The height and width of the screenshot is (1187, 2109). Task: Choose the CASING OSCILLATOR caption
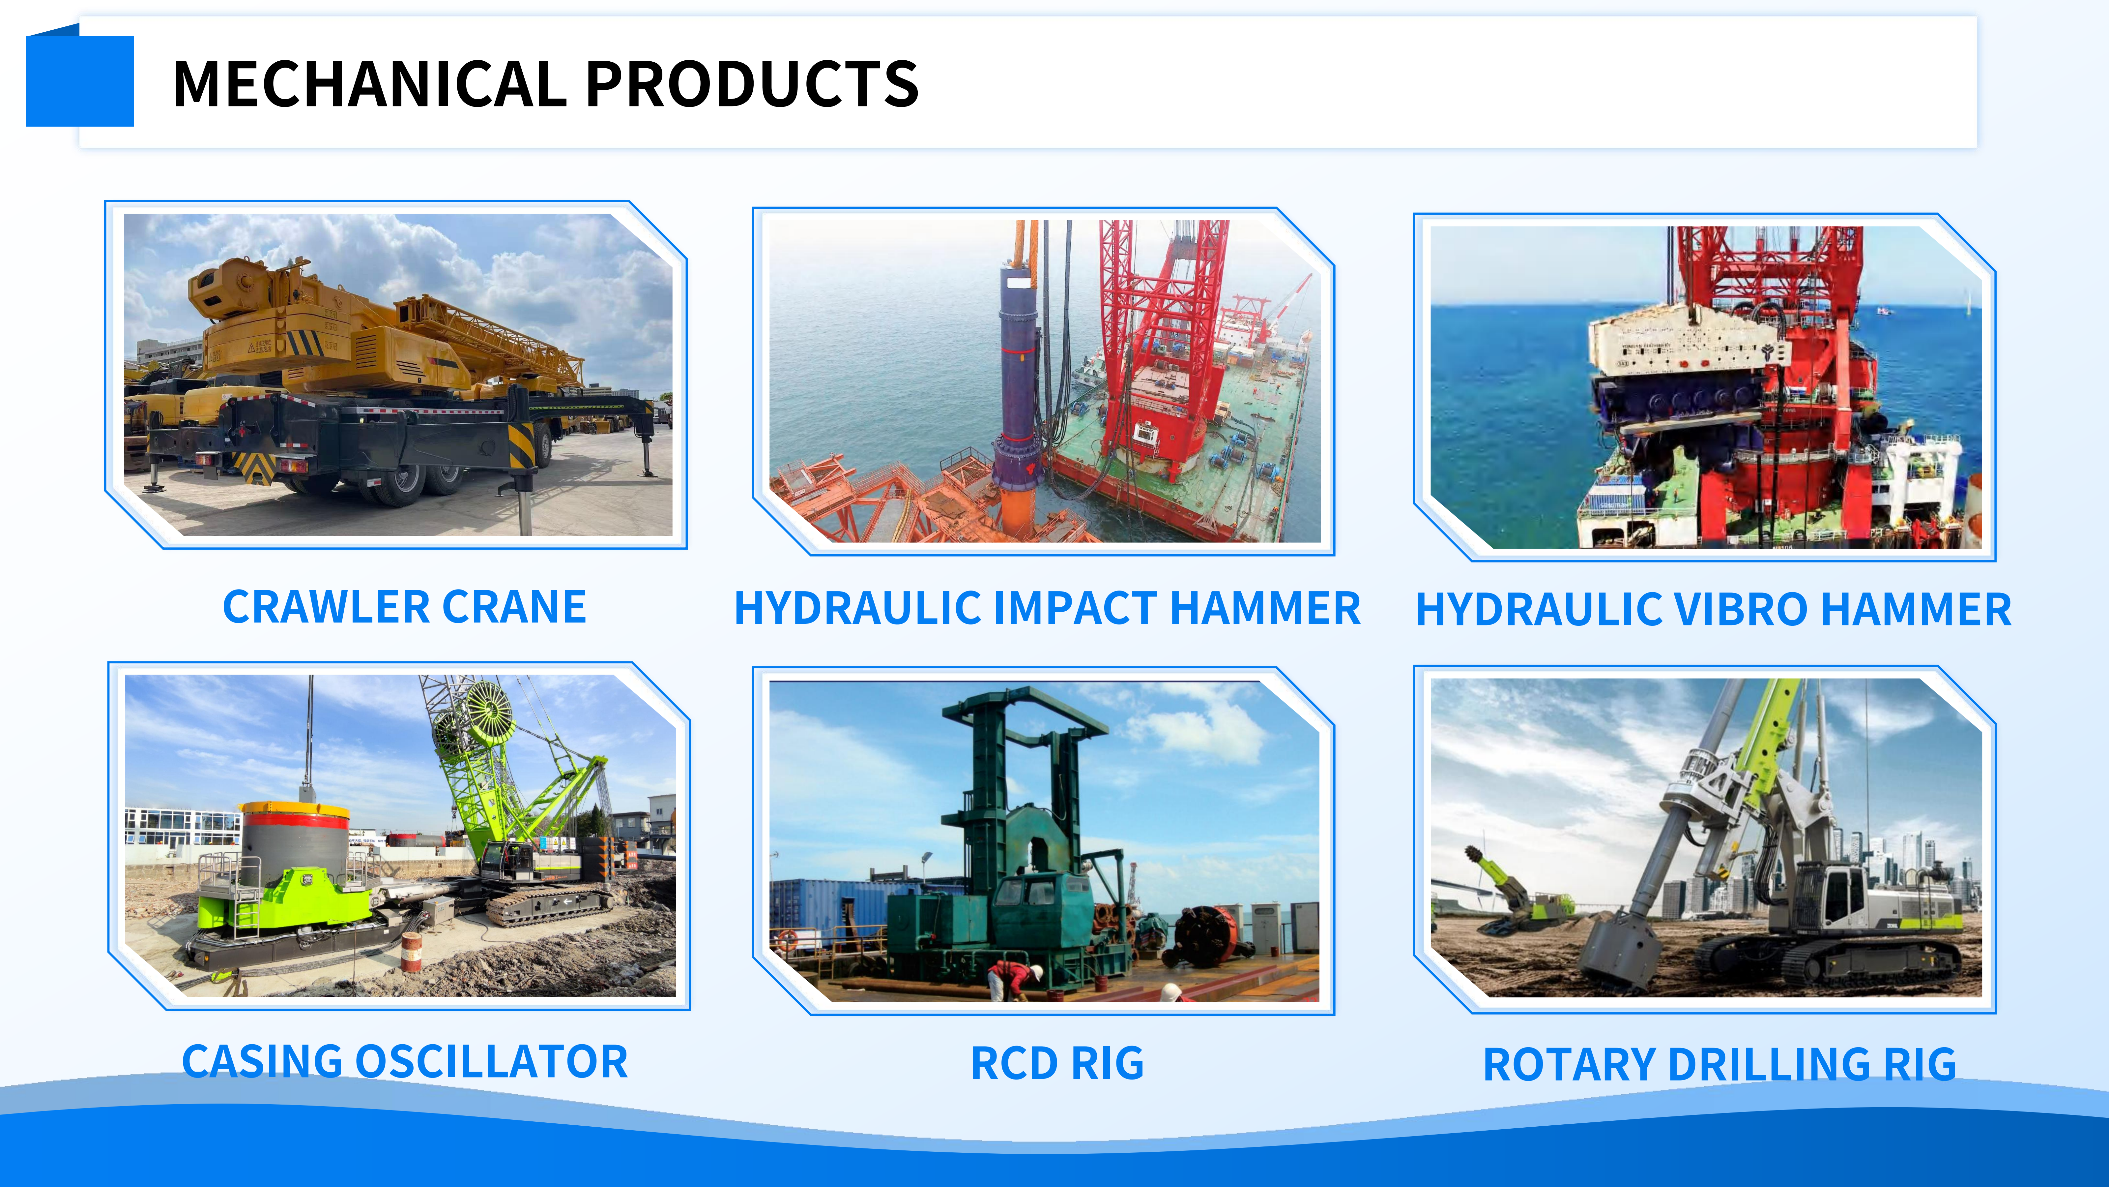(404, 1062)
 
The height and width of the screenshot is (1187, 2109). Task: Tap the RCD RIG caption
(1057, 1063)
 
